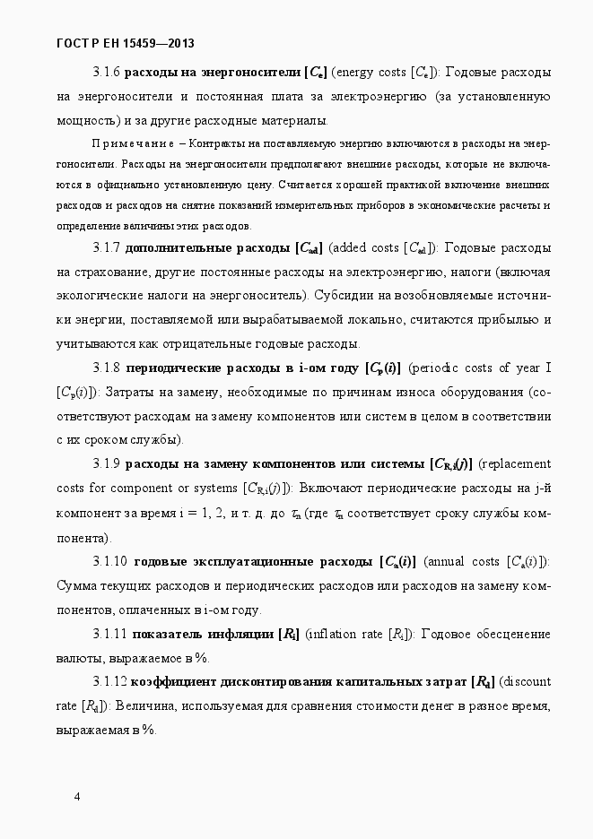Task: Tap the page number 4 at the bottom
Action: (x=77, y=797)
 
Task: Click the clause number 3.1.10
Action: (x=109, y=562)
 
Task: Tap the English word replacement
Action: (x=518, y=464)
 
